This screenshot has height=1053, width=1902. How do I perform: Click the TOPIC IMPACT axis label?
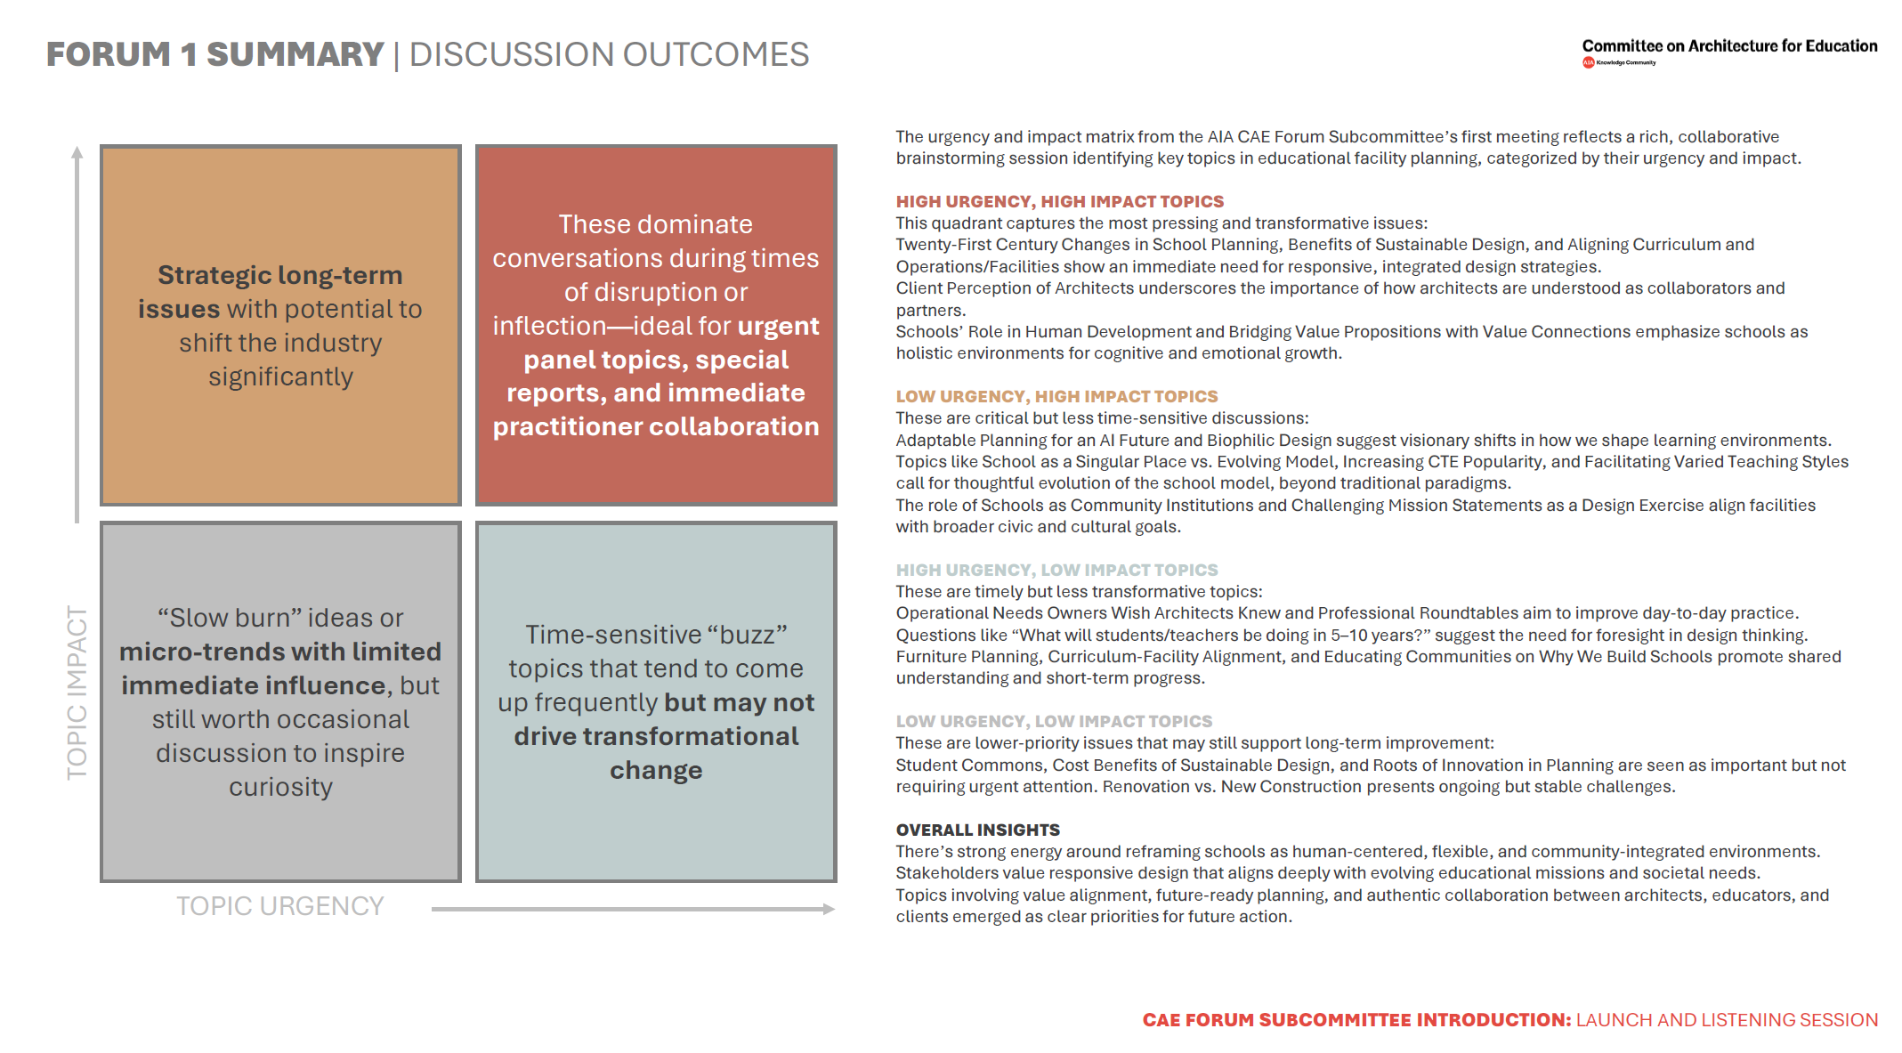[x=77, y=693]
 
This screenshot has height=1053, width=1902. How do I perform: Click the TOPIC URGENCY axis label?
[x=279, y=906]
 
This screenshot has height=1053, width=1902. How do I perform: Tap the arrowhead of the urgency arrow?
[x=829, y=909]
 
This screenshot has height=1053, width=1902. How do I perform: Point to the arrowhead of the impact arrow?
[x=77, y=152]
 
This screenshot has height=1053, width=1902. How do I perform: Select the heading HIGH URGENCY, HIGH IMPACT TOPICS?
[x=1059, y=202]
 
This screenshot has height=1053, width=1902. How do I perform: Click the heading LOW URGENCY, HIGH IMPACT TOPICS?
[x=1056, y=397]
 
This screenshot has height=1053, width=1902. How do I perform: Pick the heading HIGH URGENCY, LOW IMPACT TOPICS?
[x=1056, y=571]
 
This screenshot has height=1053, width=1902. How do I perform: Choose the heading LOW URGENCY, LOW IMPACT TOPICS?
[x=1054, y=722]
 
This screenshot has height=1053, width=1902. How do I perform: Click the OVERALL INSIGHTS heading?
[x=977, y=830]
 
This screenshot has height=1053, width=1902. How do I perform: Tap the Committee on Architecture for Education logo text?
[x=1728, y=46]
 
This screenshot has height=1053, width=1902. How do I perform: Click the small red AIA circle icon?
[x=1588, y=62]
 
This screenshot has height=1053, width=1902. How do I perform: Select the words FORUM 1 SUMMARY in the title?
[x=214, y=55]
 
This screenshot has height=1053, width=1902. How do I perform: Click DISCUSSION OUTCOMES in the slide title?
[x=609, y=55]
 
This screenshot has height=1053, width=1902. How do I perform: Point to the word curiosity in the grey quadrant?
[x=280, y=788]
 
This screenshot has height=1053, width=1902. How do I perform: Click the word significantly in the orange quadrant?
[x=280, y=377]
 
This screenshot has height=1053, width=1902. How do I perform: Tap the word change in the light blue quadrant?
[x=656, y=771]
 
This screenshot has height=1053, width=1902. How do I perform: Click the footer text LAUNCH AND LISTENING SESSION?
[x=1727, y=1020]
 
